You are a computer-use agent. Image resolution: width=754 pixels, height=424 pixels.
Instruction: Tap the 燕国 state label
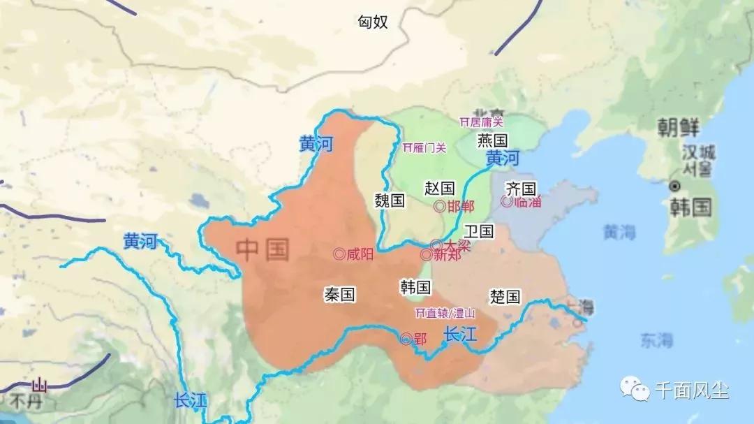pos(492,140)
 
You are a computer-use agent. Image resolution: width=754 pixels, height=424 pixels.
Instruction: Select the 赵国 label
pos(440,188)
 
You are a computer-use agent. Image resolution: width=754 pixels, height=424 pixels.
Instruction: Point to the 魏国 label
pos(390,201)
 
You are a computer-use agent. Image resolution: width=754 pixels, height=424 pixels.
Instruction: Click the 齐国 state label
pos(521,189)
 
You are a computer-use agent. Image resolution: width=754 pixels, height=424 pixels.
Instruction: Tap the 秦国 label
pos(340,295)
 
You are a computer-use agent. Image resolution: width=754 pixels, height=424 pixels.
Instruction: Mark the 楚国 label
pos(505,296)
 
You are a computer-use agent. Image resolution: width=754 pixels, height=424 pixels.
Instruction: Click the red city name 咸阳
pos(360,255)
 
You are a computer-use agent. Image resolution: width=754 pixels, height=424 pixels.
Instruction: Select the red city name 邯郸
pos(461,206)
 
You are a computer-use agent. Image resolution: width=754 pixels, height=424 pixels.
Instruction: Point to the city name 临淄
pos(528,202)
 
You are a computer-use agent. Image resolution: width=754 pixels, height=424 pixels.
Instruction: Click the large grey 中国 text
pos(263,249)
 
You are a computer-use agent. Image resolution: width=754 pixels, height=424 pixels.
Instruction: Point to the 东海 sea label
pos(656,340)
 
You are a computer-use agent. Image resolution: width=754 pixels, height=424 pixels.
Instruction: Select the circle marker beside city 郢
pos(406,339)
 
